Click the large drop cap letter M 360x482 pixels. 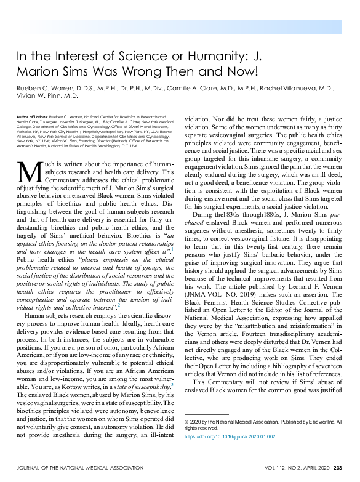click(x=29, y=172)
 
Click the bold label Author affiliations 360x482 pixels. click(x=33, y=116)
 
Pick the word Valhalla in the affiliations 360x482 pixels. click(x=26, y=131)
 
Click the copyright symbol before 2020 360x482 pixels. click(x=187, y=422)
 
